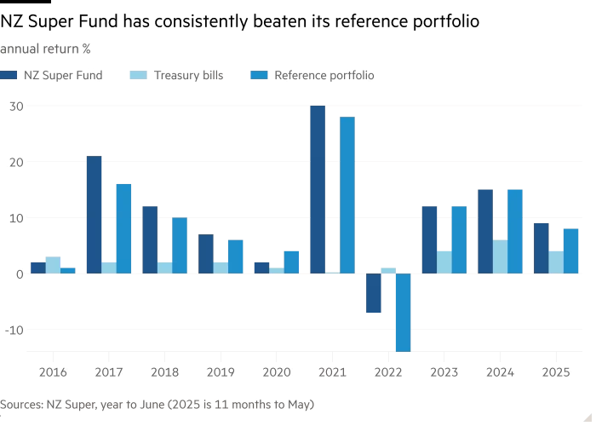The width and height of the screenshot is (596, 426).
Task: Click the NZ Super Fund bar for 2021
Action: click(x=318, y=189)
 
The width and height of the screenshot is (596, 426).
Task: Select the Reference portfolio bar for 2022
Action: click(x=403, y=312)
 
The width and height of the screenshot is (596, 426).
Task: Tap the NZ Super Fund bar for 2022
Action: click(x=374, y=293)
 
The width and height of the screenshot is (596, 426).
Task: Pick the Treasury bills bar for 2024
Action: click(x=500, y=256)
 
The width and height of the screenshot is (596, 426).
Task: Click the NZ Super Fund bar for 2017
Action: click(x=94, y=215)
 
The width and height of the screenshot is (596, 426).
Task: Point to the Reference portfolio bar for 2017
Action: click(x=123, y=228)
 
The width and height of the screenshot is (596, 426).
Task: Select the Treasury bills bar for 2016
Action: click(x=53, y=265)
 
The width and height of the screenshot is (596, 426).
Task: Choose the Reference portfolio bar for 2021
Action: click(x=347, y=195)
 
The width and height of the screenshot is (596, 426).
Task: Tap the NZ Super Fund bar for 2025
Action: click(x=542, y=248)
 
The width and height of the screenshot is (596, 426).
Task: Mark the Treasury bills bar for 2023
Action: click(x=444, y=262)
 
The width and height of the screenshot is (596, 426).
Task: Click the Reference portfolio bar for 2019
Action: click(x=235, y=256)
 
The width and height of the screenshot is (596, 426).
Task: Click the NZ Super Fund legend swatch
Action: click(x=8, y=75)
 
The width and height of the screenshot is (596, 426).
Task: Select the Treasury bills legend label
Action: click(x=188, y=75)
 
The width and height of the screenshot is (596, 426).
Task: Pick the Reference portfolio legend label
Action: click(x=324, y=75)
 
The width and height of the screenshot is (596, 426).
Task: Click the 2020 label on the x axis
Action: click(x=276, y=371)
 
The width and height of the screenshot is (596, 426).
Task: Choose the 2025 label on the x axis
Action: click(x=556, y=371)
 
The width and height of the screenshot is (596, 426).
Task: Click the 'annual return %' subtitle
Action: click(x=46, y=49)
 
